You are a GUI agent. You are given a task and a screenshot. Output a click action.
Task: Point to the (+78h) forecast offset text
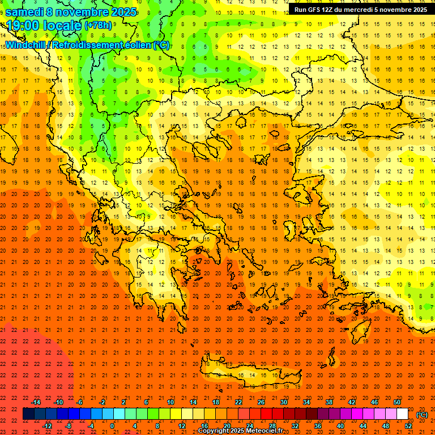[98, 26]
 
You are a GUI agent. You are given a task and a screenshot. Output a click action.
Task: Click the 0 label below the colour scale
[112, 426]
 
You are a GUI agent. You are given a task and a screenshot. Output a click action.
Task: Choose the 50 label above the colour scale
[397, 402]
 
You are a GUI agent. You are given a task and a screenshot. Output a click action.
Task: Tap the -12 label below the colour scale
[47, 426]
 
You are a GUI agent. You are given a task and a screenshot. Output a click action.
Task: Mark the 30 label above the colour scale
[283, 402]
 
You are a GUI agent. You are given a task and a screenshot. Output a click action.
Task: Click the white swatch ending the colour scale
[403, 414]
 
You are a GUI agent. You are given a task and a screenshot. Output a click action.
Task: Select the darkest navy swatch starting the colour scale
[28, 414]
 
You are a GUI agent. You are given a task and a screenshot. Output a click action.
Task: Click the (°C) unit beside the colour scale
[422, 415]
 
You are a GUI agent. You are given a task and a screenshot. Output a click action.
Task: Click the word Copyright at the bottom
[215, 431]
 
